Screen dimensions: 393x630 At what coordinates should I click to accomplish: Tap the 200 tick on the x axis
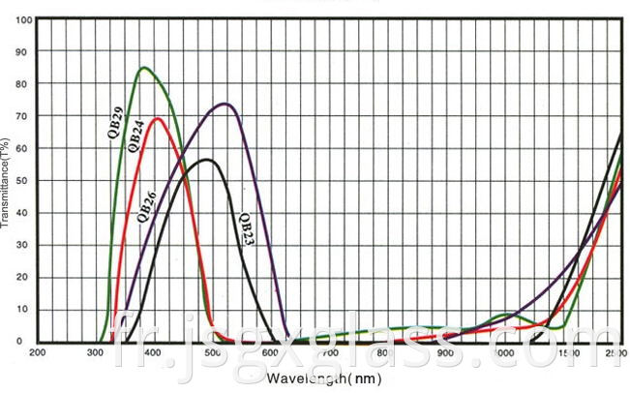pyautogui.click(x=37, y=353)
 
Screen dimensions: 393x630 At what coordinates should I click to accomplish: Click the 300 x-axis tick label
pyautogui.click(x=95, y=353)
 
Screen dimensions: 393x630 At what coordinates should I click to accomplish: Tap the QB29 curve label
pyautogui.click(x=115, y=122)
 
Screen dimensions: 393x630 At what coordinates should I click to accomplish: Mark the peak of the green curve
pyautogui.click(x=144, y=68)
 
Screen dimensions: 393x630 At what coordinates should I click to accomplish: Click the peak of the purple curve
pyautogui.click(x=225, y=104)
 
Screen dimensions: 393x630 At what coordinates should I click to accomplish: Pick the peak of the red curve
pyautogui.click(x=157, y=119)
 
